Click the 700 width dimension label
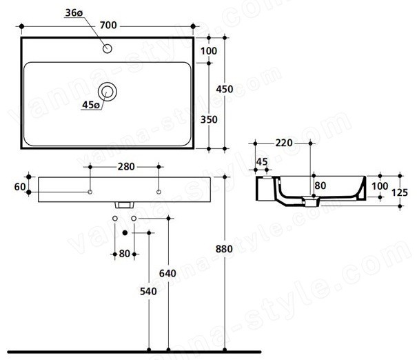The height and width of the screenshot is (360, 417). (108, 26)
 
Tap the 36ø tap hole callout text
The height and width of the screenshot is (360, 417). (74, 12)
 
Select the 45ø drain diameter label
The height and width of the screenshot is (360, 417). (91, 105)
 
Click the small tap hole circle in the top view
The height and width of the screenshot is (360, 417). (107, 49)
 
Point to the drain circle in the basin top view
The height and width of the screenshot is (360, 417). (107, 92)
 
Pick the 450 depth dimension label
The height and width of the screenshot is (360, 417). (225, 89)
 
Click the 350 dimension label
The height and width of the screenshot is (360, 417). (209, 119)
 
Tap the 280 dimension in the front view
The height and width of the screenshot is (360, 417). (126, 167)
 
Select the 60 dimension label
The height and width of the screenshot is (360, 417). (20, 187)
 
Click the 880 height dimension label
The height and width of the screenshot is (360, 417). (224, 249)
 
